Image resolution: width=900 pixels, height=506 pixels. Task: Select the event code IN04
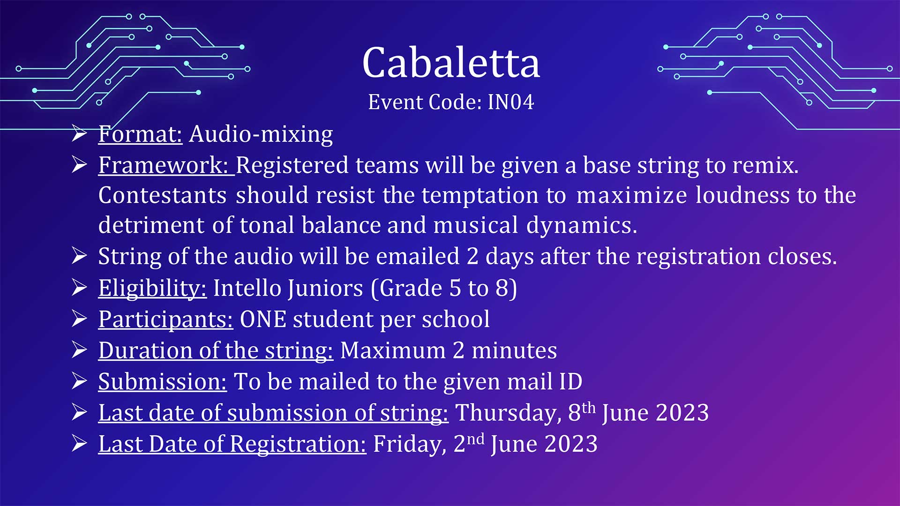(x=510, y=102)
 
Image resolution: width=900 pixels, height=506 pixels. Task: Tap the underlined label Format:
(x=140, y=134)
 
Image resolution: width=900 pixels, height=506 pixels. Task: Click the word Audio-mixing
(x=261, y=134)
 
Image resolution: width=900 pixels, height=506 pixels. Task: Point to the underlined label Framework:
(x=166, y=165)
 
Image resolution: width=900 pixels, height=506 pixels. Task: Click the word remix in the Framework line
(x=763, y=165)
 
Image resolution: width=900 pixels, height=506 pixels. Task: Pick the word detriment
(x=151, y=225)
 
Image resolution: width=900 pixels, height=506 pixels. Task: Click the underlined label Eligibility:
(x=152, y=288)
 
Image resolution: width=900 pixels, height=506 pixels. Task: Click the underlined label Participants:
(x=165, y=320)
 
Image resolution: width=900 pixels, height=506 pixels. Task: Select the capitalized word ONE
(x=263, y=320)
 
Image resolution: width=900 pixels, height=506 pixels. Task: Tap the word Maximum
(x=393, y=350)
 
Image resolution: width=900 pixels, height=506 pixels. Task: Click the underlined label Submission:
(x=163, y=382)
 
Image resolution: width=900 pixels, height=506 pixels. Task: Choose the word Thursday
(x=508, y=413)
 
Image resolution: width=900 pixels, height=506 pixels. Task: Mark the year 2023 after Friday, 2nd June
(x=571, y=444)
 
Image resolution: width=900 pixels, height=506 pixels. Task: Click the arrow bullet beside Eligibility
(x=80, y=288)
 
